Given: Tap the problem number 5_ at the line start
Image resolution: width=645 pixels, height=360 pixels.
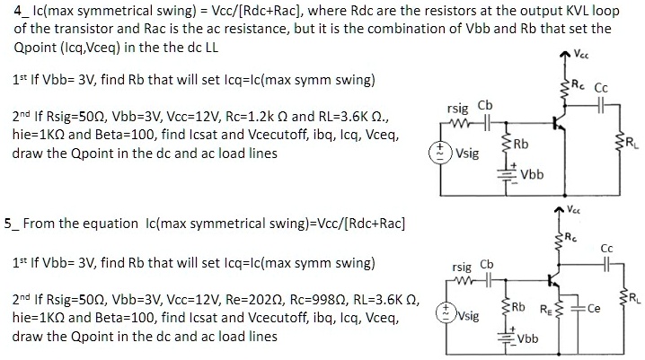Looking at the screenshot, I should point(10,223).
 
